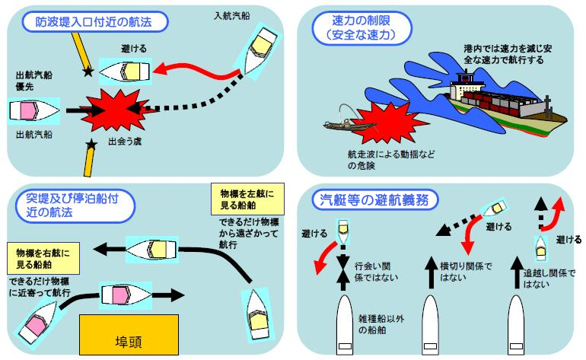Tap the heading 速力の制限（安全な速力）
(x=358, y=27)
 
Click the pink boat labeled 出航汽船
(x=33, y=111)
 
